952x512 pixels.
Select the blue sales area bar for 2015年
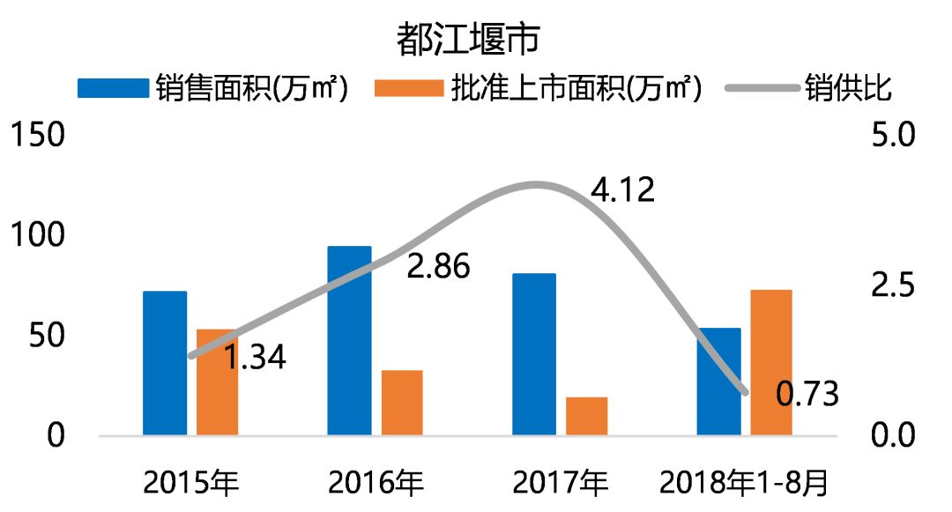click(165, 363)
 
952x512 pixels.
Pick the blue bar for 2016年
click(349, 340)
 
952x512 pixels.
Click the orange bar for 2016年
click(402, 403)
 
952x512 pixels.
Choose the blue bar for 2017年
click(534, 354)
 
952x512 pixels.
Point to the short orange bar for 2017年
click(587, 416)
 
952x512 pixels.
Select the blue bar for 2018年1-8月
click(719, 382)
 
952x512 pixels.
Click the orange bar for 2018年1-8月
click(771, 362)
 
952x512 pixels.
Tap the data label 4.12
click(622, 190)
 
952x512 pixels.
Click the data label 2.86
click(438, 266)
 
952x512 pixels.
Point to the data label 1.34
click(254, 359)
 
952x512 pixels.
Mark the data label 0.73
click(807, 394)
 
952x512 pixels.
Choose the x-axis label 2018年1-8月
click(745, 483)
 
